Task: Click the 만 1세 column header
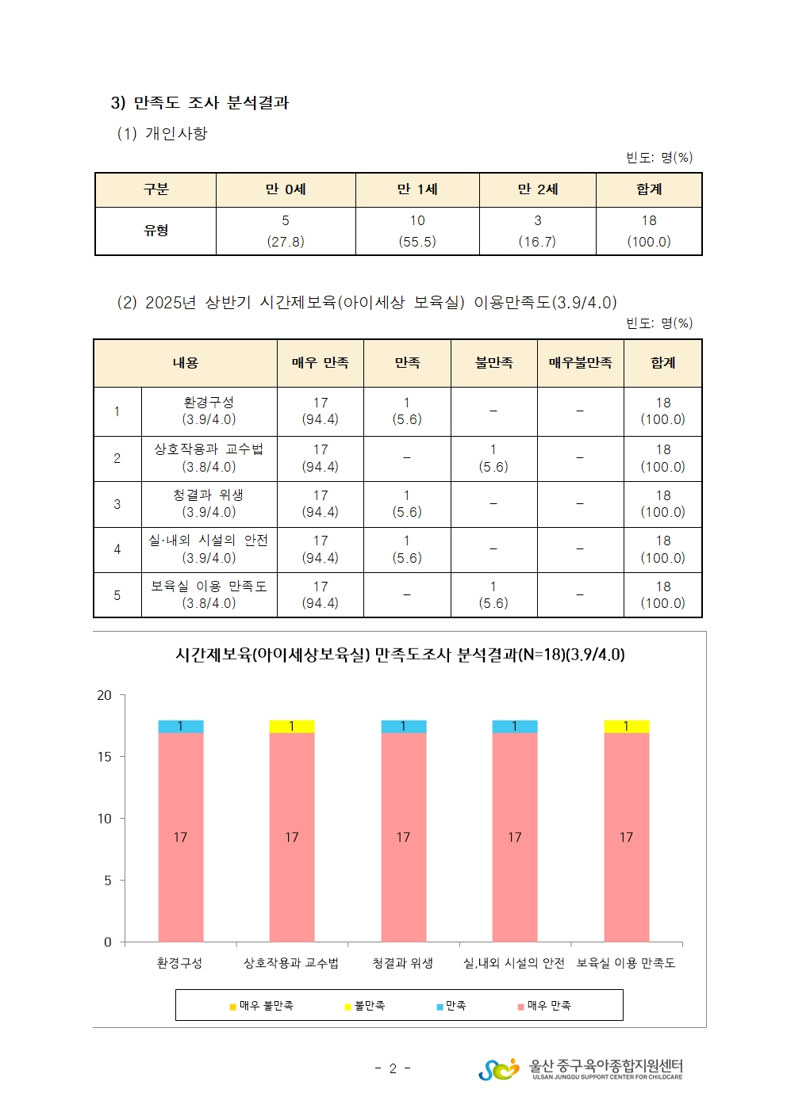[x=417, y=189]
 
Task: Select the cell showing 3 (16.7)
[x=537, y=231]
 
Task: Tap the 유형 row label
[x=155, y=231]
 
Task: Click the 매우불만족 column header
[x=580, y=363]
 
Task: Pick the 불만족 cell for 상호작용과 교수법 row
[x=493, y=458]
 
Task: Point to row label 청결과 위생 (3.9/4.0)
[x=209, y=503]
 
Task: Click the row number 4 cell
[x=117, y=549]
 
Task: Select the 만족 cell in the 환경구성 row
[x=407, y=411]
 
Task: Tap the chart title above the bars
[x=400, y=655]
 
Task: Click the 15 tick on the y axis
[x=105, y=757]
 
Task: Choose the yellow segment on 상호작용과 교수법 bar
[x=292, y=726]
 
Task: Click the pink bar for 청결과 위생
[x=403, y=837]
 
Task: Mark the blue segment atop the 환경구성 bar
[x=181, y=726]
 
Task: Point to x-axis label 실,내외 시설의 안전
[x=514, y=963]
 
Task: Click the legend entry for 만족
[x=451, y=1006]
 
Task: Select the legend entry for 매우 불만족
[x=262, y=1006]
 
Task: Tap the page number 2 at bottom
[x=393, y=1068]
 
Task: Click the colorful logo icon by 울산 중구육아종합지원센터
[x=499, y=1069]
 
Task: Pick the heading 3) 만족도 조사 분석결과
[x=200, y=103]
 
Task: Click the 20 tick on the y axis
[x=105, y=695]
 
